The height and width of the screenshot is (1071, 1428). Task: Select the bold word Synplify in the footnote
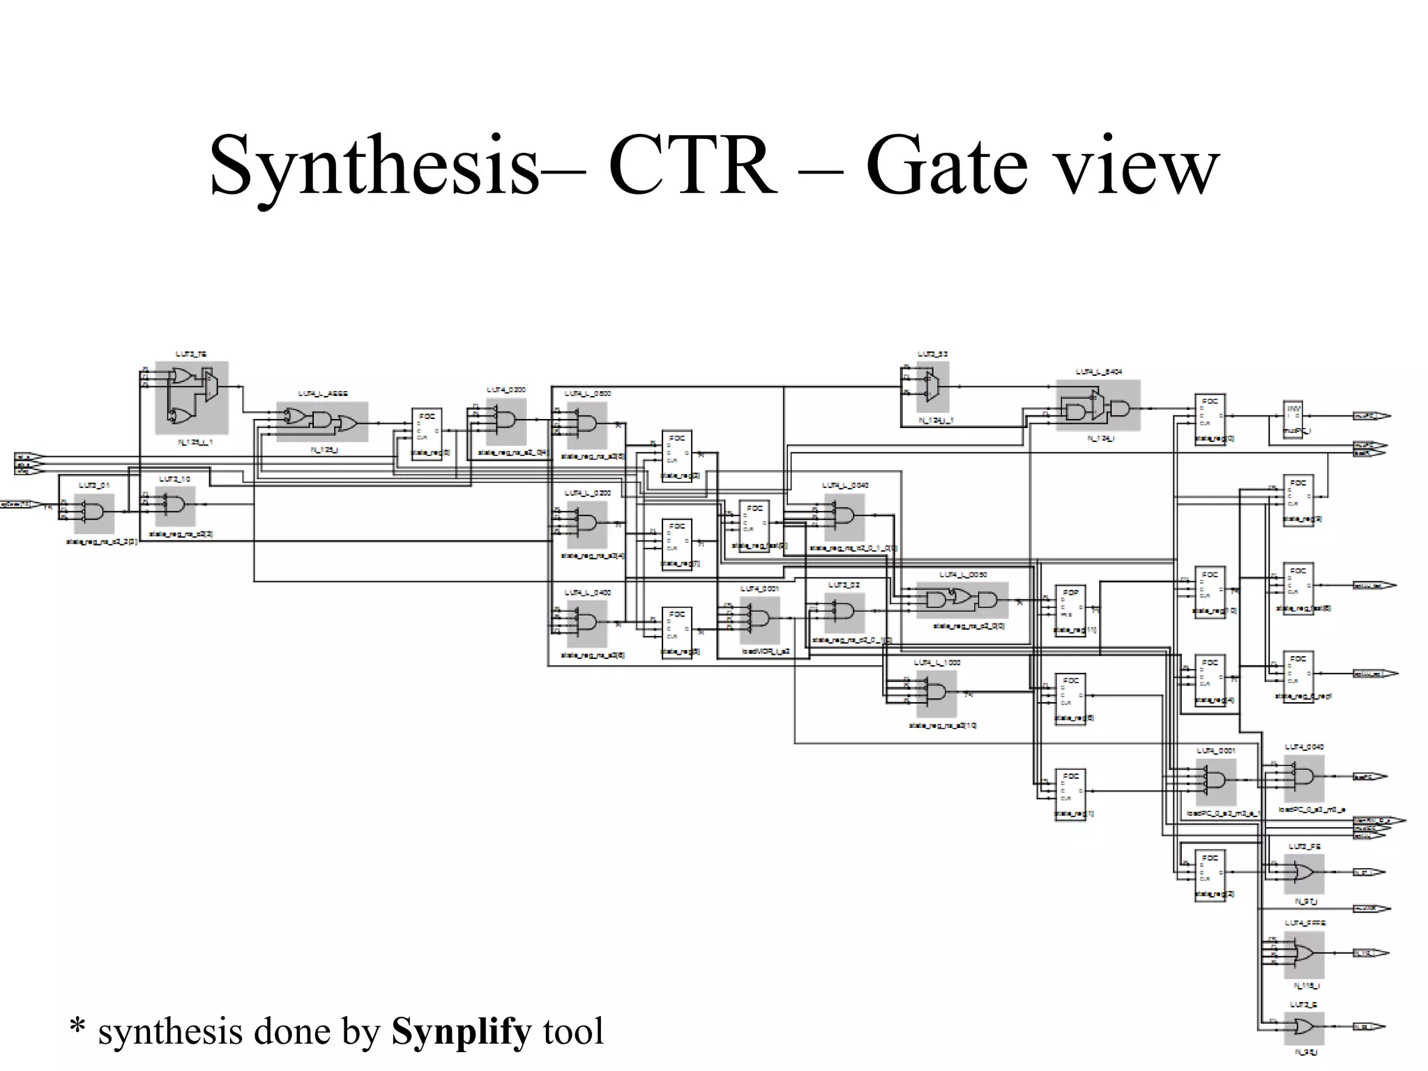[x=461, y=1031]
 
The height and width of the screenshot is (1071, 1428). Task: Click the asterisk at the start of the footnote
[x=77, y=1028]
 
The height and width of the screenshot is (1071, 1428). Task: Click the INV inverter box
[x=1293, y=417]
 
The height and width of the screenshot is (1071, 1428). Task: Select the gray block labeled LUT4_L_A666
[x=322, y=421]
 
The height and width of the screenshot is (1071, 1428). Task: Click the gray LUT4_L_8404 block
[x=1097, y=406]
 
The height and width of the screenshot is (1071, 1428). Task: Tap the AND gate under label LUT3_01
[x=94, y=513]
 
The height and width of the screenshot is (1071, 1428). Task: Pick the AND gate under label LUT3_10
[x=175, y=505]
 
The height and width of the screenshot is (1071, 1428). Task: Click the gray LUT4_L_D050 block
[x=962, y=600]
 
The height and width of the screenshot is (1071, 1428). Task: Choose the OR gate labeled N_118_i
[x=1302, y=954]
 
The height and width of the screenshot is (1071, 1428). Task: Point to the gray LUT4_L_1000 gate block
[x=936, y=692]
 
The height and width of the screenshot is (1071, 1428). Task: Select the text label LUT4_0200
[x=506, y=390]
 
